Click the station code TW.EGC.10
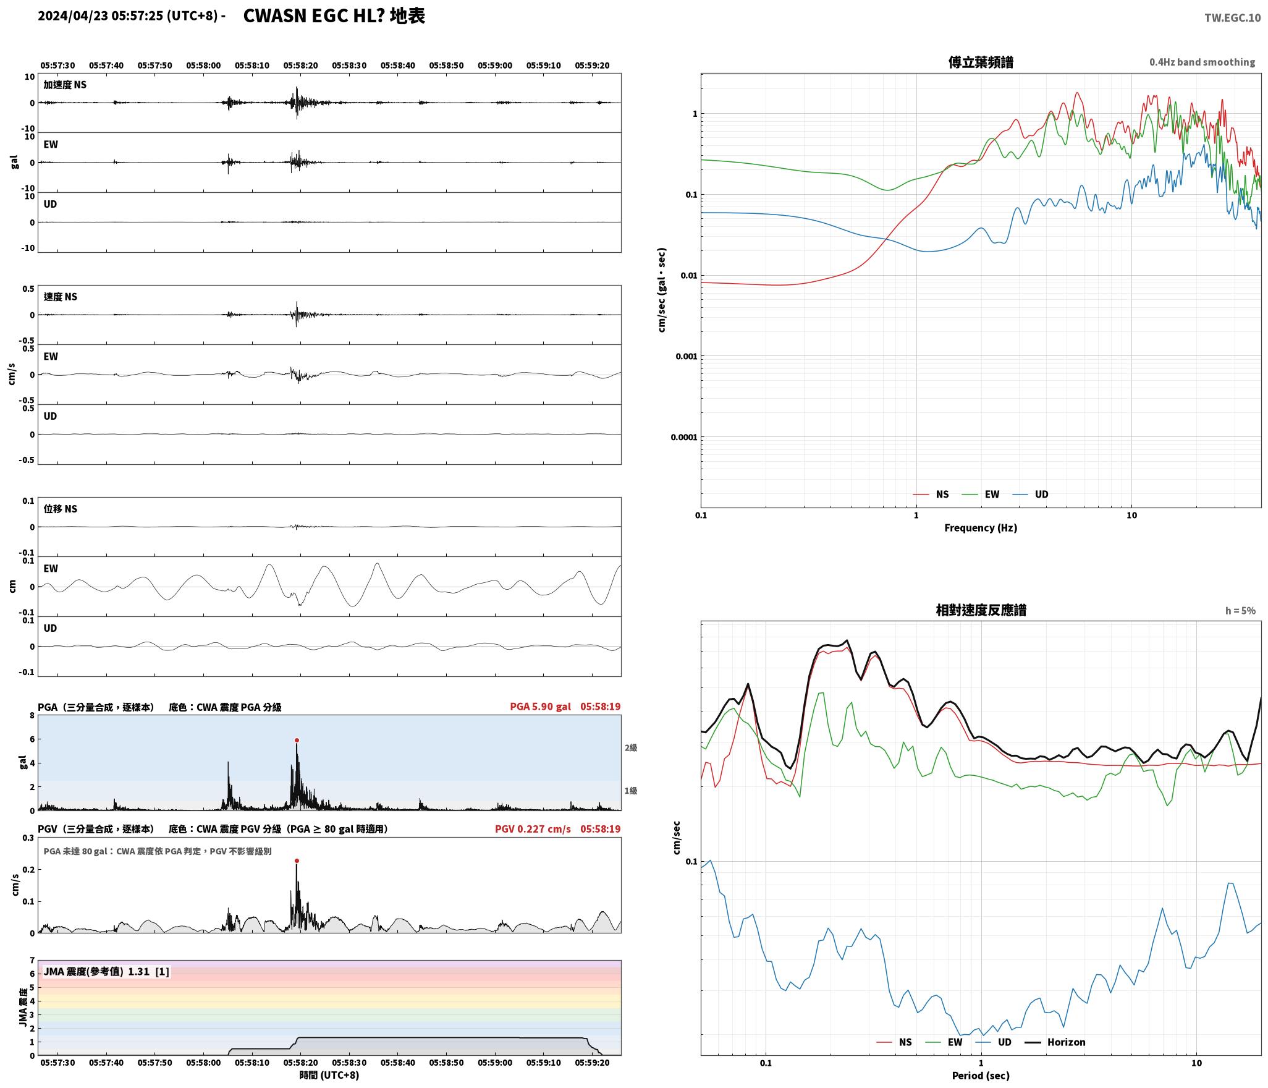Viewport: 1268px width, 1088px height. click(1232, 18)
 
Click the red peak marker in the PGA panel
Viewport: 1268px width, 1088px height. click(297, 740)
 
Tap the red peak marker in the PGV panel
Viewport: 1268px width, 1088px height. click(297, 861)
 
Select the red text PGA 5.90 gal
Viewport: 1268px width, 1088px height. click(540, 707)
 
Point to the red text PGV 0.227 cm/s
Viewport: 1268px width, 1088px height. click(533, 829)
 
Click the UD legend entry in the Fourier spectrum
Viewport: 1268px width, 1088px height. click(1030, 495)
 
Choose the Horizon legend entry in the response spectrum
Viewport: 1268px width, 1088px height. click(1055, 1042)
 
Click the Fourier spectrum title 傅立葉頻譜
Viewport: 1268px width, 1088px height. click(981, 62)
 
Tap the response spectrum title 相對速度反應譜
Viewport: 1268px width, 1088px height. click(981, 610)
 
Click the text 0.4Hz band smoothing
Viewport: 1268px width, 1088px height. click(1202, 62)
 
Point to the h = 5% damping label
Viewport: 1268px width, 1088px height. click(1240, 611)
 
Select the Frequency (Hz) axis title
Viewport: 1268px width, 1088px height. click(981, 528)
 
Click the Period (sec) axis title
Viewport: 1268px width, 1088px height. click(981, 1076)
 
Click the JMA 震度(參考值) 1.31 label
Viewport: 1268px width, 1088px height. click(106, 972)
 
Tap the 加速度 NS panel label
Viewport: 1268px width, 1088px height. click(65, 85)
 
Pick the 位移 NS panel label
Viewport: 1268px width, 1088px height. click(61, 509)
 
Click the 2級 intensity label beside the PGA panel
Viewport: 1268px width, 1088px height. click(630, 748)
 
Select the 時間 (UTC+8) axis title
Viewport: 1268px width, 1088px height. click(329, 1075)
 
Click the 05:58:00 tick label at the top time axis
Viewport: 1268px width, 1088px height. click(203, 66)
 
